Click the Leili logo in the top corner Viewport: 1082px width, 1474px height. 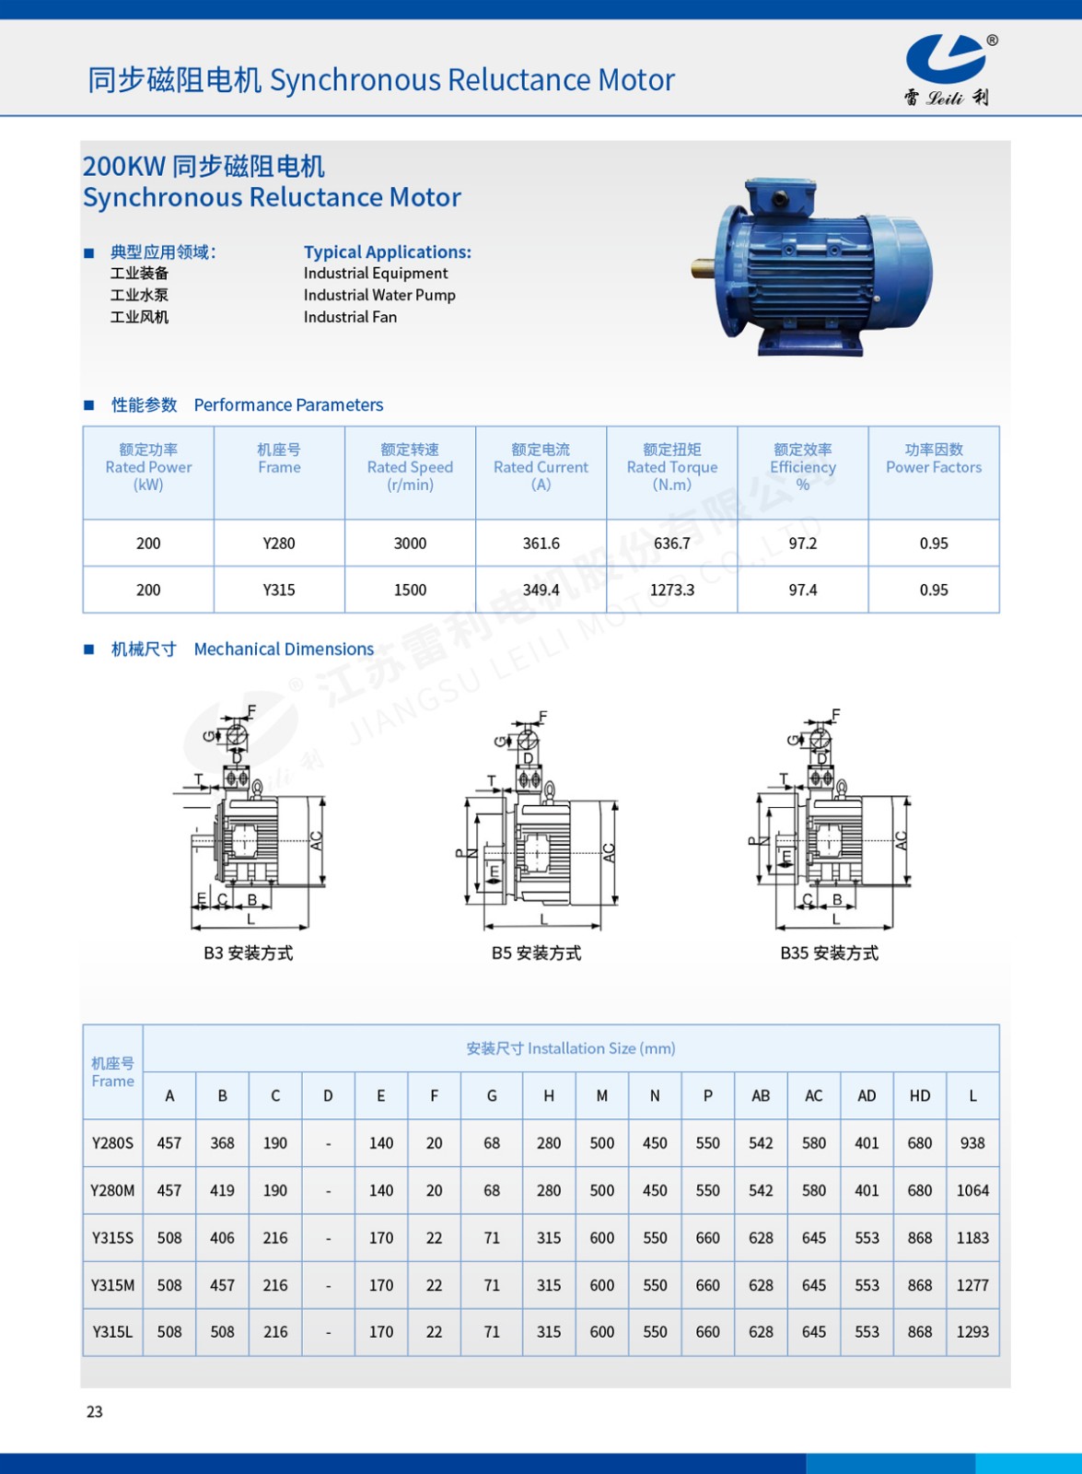948,69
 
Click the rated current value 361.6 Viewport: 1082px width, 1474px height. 541,544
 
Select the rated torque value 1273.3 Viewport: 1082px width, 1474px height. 671,590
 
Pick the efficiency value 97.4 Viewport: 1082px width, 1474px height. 802,590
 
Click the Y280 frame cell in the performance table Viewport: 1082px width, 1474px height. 278,544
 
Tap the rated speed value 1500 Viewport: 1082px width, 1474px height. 410,590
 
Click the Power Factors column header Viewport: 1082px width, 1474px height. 933,459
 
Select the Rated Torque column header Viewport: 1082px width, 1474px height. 671,467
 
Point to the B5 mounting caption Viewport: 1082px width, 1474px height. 536,953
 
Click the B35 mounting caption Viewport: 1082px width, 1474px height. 829,953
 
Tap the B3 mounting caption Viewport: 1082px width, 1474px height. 248,953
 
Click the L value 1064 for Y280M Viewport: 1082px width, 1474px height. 972,1190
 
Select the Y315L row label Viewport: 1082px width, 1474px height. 112,1332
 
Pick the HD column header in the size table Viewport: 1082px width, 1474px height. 919,1095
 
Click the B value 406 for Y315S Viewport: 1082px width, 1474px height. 222,1238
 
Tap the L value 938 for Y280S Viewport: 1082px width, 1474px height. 972,1143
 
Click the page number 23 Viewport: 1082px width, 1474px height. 95,1411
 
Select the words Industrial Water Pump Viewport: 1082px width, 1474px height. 379,295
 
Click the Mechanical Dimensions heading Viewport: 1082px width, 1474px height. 284,649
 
